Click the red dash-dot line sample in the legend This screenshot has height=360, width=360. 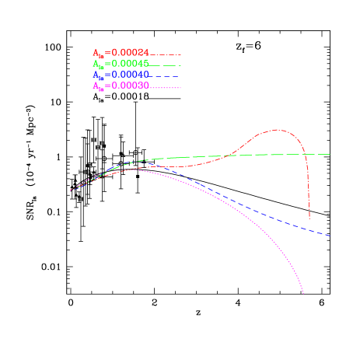[x=166, y=54]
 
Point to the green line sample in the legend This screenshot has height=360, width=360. [x=166, y=65]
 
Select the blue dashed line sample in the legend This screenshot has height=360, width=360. [x=166, y=76]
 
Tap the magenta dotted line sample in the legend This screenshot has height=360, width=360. [x=166, y=87]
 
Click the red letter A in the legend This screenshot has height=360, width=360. [x=96, y=53]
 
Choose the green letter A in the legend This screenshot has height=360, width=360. [x=96, y=64]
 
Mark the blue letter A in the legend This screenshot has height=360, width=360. [x=96, y=75]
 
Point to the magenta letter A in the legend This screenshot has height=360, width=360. [x=96, y=86]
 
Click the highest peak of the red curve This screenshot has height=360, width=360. [x=277, y=130]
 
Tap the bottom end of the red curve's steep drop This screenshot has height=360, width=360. [x=309, y=218]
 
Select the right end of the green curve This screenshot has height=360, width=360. [x=330, y=154]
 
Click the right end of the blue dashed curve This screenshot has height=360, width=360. [x=330, y=235]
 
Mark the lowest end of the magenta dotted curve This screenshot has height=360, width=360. [x=303, y=294]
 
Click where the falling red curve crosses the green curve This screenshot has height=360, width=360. [x=306, y=155]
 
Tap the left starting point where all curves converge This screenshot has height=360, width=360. [x=70, y=190]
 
